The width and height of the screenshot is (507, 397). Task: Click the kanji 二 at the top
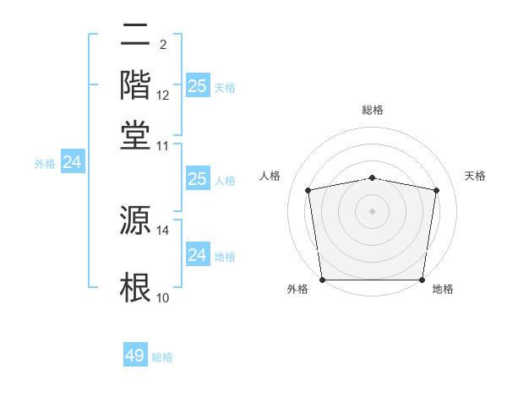click(x=136, y=35)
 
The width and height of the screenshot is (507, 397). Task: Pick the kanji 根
click(x=136, y=287)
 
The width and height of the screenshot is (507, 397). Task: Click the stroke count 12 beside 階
click(x=163, y=95)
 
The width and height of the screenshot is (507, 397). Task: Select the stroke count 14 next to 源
click(x=163, y=230)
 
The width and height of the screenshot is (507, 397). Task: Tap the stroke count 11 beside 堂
click(x=163, y=145)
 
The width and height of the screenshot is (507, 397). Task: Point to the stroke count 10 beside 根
click(x=163, y=297)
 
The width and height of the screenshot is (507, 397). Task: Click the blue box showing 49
click(x=135, y=356)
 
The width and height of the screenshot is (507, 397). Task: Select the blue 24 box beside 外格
click(x=73, y=163)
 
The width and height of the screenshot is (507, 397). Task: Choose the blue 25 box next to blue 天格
click(x=197, y=86)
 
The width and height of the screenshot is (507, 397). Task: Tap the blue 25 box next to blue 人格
click(x=197, y=179)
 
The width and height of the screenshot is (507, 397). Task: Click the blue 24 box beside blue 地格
click(x=197, y=255)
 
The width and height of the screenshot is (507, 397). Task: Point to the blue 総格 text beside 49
click(x=162, y=357)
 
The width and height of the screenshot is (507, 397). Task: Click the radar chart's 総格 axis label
click(x=372, y=110)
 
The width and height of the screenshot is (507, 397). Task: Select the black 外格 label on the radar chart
click(x=297, y=289)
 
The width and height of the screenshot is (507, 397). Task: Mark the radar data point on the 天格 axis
click(x=436, y=190)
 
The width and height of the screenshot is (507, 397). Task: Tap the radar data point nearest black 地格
click(x=422, y=280)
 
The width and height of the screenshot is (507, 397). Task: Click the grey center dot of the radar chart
click(x=372, y=210)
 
